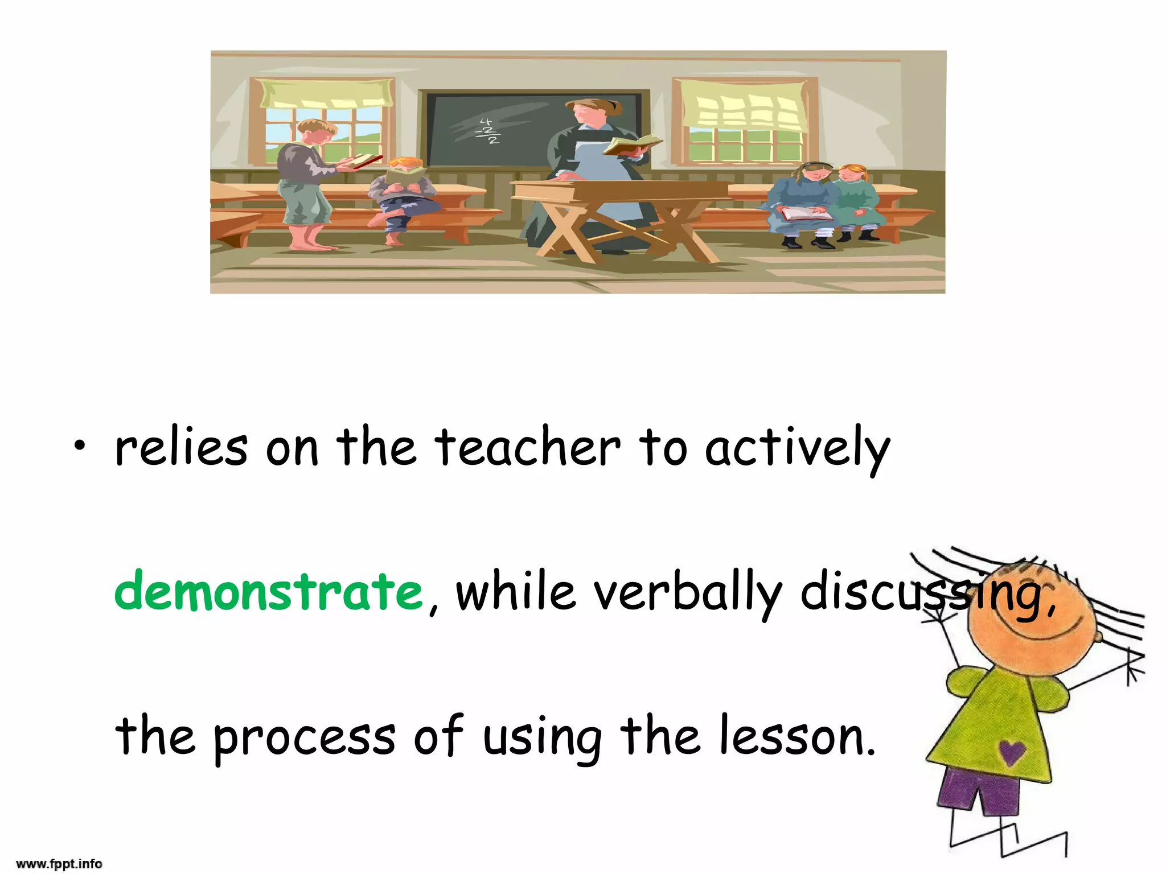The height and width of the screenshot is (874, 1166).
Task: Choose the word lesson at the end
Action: click(796, 737)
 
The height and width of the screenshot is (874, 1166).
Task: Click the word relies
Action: click(182, 448)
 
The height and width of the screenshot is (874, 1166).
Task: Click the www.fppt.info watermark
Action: click(59, 864)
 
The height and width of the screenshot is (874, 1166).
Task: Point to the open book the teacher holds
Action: click(632, 145)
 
